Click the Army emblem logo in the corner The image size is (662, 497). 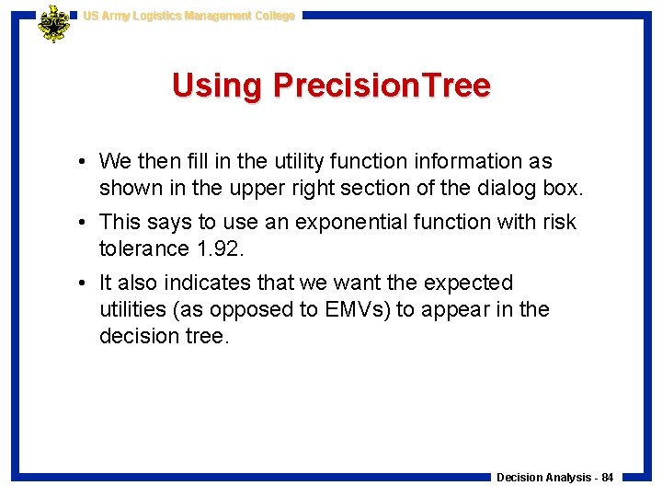tap(53, 24)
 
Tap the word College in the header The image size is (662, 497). tap(275, 16)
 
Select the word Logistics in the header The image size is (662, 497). tap(159, 16)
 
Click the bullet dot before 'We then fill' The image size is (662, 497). tap(83, 162)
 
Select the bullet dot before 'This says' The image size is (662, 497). tap(83, 223)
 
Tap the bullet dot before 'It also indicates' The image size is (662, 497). tap(83, 283)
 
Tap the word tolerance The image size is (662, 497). tap(142, 248)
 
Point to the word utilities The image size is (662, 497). tap(135, 309)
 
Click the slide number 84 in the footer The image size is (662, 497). tap(608, 478)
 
